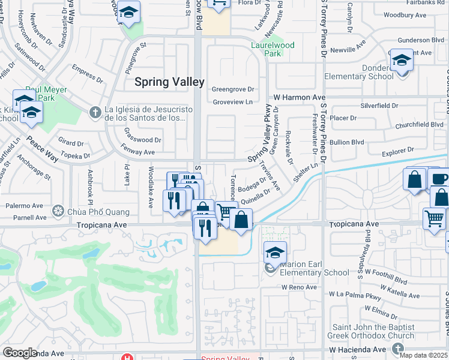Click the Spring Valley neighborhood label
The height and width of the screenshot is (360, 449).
point(169,82)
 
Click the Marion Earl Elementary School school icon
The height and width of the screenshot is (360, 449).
point(275,252)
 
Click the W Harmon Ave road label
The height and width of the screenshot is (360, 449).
point(300,97)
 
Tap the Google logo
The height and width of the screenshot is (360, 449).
point(20,353)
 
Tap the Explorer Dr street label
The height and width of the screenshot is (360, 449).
point(402,152)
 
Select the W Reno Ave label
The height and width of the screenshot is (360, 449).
point(299,287)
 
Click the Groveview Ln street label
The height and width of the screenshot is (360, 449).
point(232,102)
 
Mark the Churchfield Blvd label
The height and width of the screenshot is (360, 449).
point(420,125)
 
